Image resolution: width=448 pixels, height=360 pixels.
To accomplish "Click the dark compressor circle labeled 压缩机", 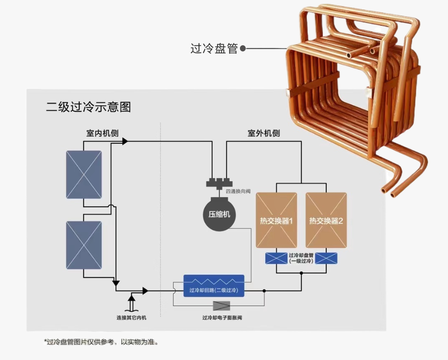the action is pyautogui.click(x=219, y=214).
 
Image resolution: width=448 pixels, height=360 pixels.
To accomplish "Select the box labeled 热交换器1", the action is pyautogui.click(x=276, y=220).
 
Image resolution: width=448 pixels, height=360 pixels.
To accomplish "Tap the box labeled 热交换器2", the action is pyautogui.click(x=326, y=220).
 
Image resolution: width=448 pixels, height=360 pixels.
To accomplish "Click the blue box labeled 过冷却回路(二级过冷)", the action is pyautogui.click(x=214, y=286).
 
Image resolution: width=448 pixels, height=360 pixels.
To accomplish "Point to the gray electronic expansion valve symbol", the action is pyautogui.click(x=221, y=306).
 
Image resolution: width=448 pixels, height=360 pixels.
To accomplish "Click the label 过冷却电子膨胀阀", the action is pyautogui.click(x=222, y=318).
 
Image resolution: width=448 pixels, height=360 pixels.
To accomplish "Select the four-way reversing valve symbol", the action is pyautogui.click(x=219, y=183).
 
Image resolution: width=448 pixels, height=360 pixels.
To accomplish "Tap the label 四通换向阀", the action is pyautogui.click(x=238, y=191).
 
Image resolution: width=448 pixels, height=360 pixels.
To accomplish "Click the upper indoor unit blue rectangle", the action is pyautogui.click(x=84, y=175).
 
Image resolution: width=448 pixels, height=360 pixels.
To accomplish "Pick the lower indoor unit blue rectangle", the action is pyautogui.click(x=84, y=245).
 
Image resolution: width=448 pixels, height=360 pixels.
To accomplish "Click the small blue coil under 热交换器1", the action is pyautogui.click(x=276, y=258).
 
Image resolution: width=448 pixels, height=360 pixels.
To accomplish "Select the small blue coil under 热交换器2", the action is pyautogui.click(x=326, y=258).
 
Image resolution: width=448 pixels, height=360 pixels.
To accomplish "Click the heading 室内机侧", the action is pyautogui.click(x=102, y=133).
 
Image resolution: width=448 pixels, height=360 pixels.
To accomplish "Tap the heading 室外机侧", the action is pyautogui.click(x=263, y=133).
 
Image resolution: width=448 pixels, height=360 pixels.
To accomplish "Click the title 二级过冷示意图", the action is pyautogui.click(x=89, y=107).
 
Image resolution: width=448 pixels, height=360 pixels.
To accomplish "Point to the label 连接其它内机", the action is pyautogui.click(x=131, y=318).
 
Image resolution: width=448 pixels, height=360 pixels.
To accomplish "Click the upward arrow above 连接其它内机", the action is pyautogui.click(x=131, y=303).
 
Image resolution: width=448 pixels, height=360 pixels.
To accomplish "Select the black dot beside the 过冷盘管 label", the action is pyautogui.click(x=243, y=49).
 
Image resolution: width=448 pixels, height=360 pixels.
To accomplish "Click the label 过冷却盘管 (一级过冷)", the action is pyautogui.click(x=301, y=258).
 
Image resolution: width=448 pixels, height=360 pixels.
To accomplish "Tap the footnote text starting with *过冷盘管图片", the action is pyautogui.click(x=101, y=342).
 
